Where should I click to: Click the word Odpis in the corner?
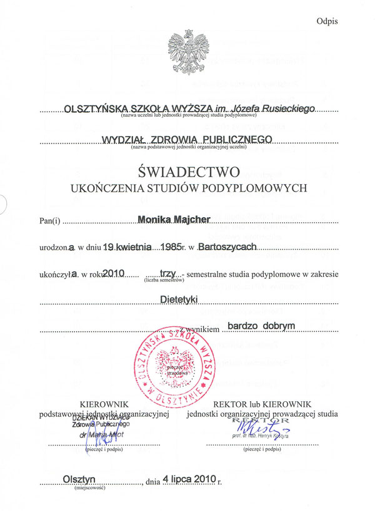coord(327,21)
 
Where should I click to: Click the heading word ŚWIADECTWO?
coord(187,170)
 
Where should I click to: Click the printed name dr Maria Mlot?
coord(94,434)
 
